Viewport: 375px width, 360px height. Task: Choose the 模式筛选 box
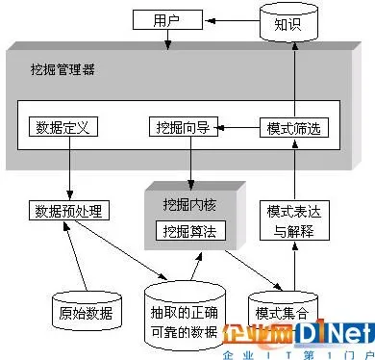point(289,126)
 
